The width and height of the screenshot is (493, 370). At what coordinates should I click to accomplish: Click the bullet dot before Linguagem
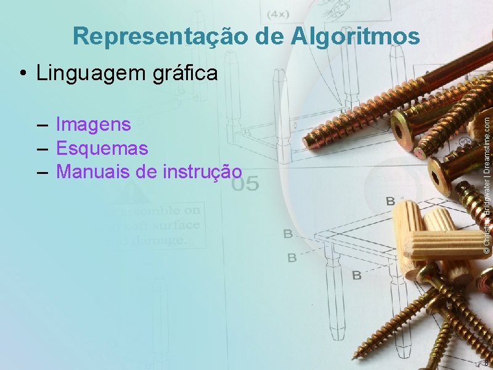22,74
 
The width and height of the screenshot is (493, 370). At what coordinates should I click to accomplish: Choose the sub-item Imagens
93,125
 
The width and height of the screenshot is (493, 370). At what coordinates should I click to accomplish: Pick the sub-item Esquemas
102,148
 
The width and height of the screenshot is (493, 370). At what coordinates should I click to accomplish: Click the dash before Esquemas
43,149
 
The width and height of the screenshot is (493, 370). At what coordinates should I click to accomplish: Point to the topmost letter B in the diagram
390,201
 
